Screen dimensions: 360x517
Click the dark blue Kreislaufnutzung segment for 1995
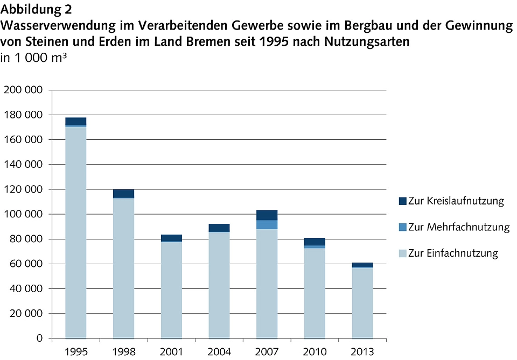click(76, 121)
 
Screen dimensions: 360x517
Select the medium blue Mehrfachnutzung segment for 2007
click(267, 224)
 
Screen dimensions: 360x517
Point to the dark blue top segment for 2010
click(315, 241)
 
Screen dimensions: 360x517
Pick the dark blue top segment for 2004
click(219, 228)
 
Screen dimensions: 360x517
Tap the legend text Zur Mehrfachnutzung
click(458, 227)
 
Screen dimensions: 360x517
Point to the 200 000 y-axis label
click(23, 90)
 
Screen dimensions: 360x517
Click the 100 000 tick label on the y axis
click(23, 214)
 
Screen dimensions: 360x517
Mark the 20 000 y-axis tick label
click(26, 314)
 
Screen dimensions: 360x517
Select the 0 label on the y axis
click(39, 338)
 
